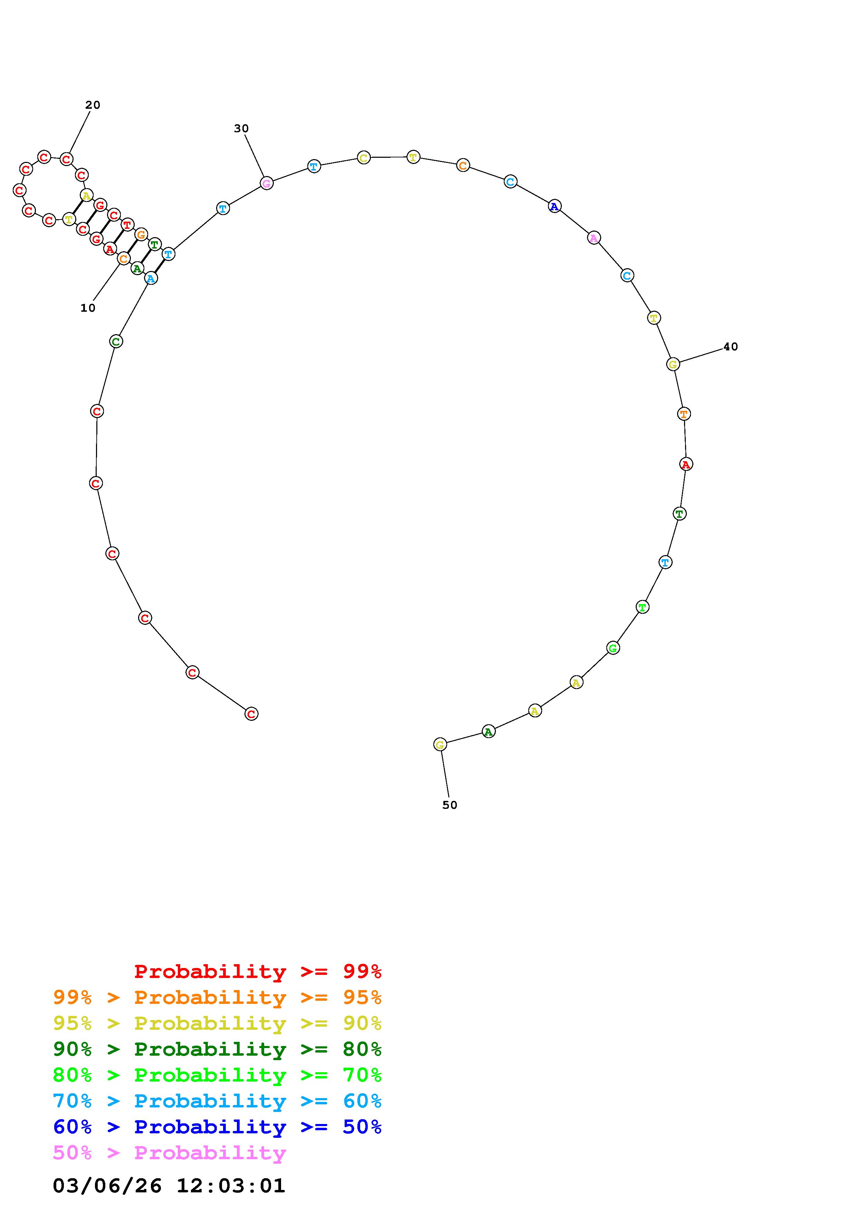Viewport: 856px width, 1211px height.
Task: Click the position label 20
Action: click(x=93, y=105)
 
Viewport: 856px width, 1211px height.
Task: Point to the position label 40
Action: click(x=730, y=347)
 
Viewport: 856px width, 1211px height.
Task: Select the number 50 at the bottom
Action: click(x=450, y=805)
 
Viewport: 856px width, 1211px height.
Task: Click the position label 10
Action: click(x=88, y=308)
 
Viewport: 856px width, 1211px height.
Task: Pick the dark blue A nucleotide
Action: click(x=554, y=206)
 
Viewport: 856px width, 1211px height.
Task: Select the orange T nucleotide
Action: click(x=684, y=414)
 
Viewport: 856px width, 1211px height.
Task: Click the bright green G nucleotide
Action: click(x=613, y=648)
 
